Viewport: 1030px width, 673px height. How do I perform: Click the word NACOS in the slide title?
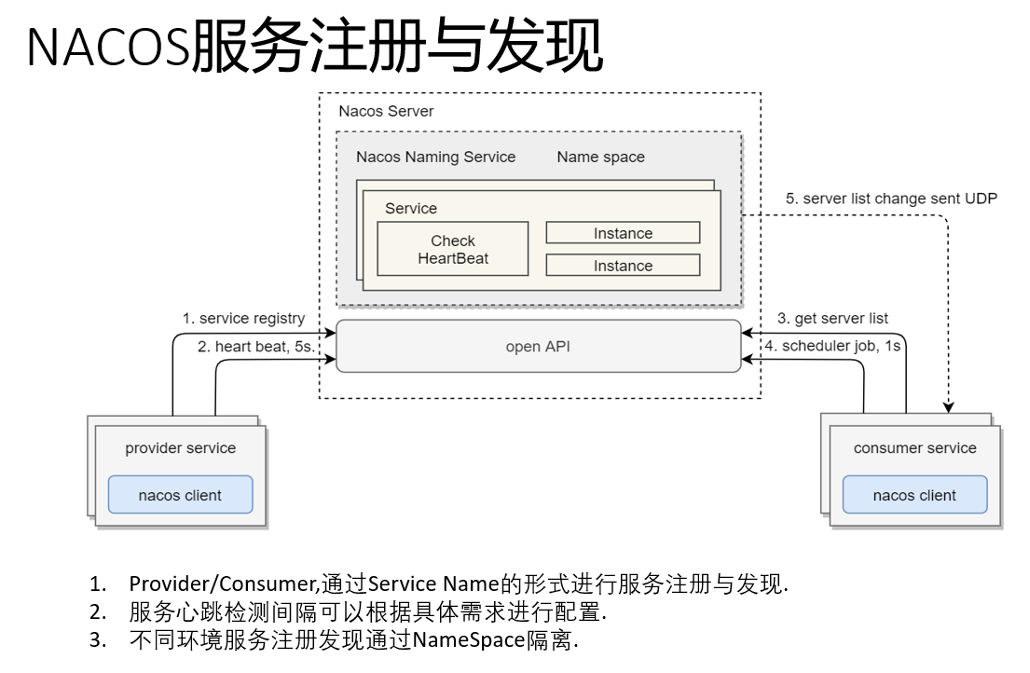(108, 48)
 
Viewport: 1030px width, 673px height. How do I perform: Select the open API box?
(538, 347)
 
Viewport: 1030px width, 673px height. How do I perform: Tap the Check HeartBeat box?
(453, 249)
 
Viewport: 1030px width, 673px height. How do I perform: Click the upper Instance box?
(623, 233)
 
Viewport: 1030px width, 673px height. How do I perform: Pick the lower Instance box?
(623, 266)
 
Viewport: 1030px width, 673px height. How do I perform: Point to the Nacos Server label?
(386, 111)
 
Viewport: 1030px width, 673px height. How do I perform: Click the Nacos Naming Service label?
(435, 157)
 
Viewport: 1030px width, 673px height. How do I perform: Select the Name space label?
(600, 157)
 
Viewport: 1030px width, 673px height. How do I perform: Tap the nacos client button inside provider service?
(180, 495)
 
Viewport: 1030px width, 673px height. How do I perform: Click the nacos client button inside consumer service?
(914, 495)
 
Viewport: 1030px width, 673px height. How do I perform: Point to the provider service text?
(180, 448)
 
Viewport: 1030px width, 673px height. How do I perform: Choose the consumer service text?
(914, 448)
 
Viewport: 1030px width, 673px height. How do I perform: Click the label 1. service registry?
(243, 319)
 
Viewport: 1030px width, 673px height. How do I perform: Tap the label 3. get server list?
(832, 319)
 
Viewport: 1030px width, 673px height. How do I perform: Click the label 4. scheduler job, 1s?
(832, 346)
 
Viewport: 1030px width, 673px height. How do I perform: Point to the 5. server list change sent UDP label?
(891, 199)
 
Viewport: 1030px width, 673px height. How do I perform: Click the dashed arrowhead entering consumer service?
(949, 406)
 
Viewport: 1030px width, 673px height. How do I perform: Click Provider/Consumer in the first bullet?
(223, 584)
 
